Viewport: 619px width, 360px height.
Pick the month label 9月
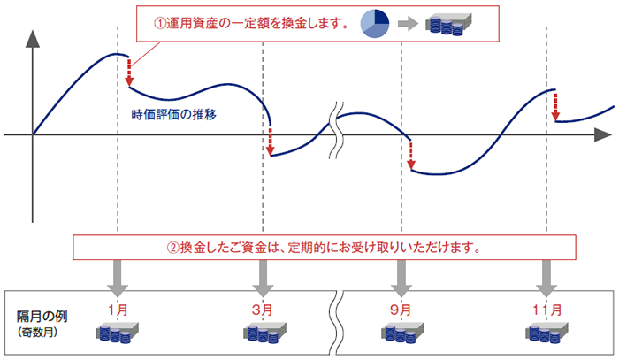coord(401,310)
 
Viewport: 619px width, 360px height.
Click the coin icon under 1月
coord(117,334)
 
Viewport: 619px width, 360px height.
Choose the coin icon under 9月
coord(401,334)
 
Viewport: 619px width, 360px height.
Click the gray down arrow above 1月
coord(118,279)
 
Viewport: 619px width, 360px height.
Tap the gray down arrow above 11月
coord(546,279)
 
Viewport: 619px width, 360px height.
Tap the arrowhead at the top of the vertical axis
coord(33,39)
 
